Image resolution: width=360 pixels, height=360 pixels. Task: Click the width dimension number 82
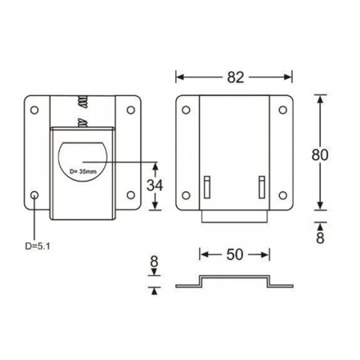235,77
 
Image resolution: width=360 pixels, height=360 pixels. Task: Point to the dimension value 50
235,254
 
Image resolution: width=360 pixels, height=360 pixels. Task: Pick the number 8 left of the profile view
154,262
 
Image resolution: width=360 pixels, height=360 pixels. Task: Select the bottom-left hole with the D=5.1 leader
34,195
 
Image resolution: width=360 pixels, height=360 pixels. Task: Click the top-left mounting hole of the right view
186,110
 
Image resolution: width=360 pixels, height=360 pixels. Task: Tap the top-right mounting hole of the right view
282,110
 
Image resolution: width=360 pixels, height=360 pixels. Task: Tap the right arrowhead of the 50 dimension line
268,254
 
